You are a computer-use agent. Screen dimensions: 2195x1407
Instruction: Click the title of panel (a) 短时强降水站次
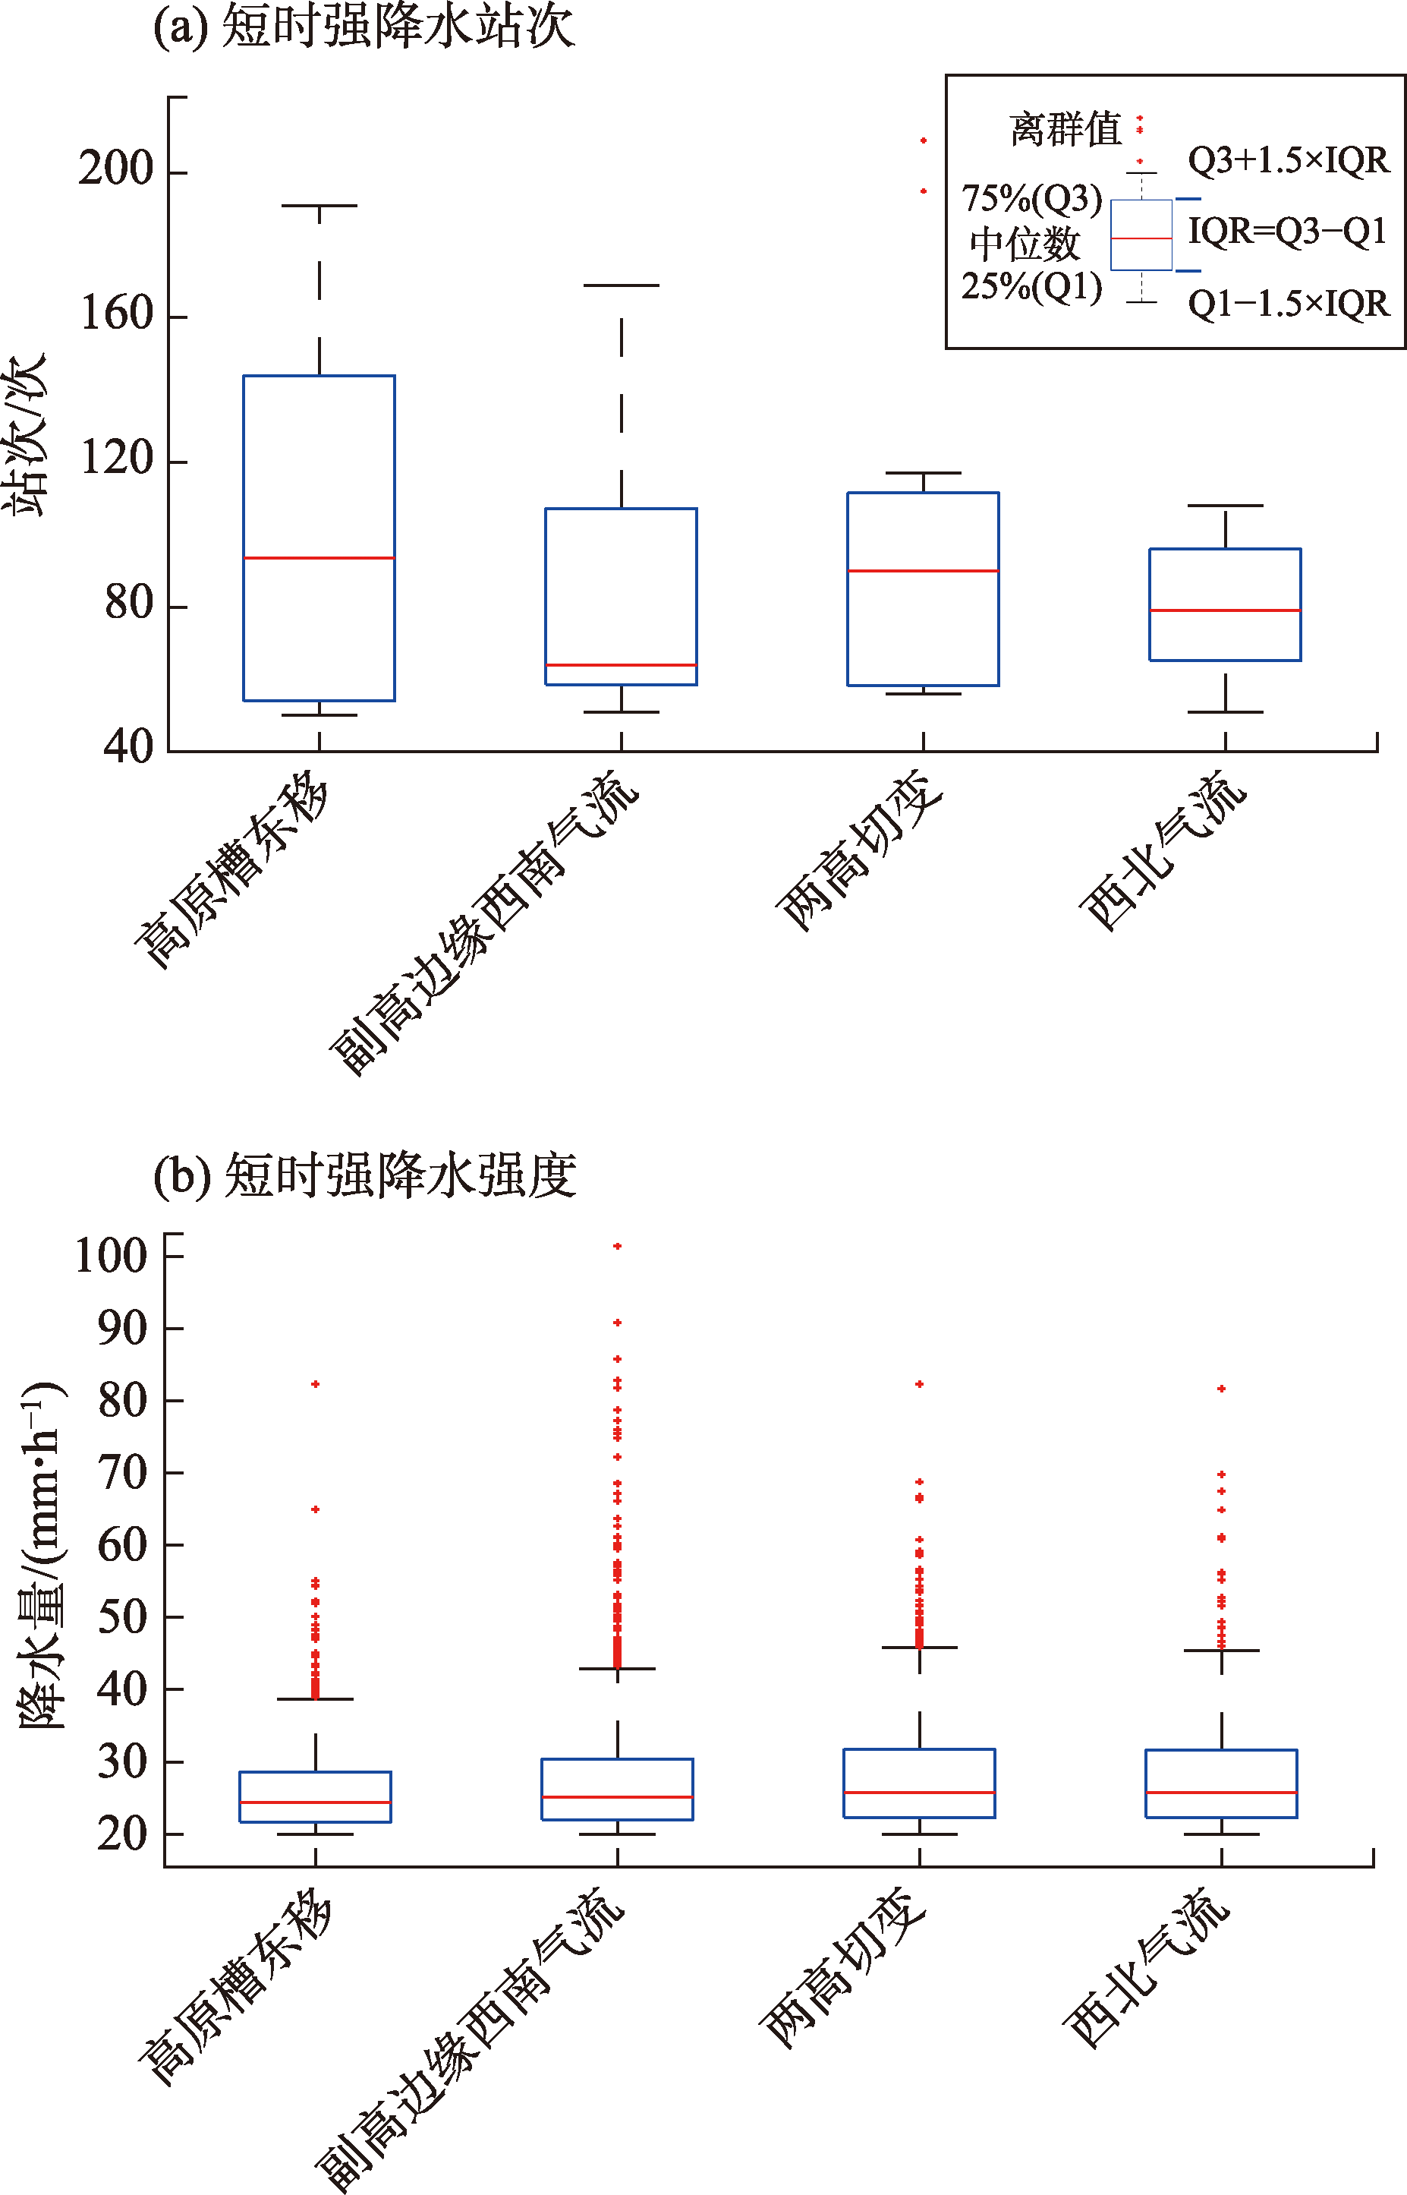point(364,26)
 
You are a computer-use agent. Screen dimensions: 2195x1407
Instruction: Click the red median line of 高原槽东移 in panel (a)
point(319,557)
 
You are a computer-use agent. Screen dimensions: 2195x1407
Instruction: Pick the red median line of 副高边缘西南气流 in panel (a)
point(622,665)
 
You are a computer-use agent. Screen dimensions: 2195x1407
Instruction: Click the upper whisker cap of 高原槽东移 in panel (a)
point(319,206)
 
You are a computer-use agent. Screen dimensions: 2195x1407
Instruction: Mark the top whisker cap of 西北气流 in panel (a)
point(1225,506)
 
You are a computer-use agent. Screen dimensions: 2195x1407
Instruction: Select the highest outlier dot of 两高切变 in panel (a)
point(924,140)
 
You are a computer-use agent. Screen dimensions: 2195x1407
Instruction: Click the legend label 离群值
point(1065,130)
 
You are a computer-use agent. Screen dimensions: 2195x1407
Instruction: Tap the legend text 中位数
point(1025,244)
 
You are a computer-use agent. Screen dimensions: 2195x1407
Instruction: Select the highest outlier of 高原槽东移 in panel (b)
point(315,1384)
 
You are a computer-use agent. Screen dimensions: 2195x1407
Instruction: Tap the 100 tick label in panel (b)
point(112,1257)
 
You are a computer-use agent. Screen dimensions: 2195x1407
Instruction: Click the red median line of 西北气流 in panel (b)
point(1222,1793)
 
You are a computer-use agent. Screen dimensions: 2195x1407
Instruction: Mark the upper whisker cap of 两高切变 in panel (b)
point(919,1648)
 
